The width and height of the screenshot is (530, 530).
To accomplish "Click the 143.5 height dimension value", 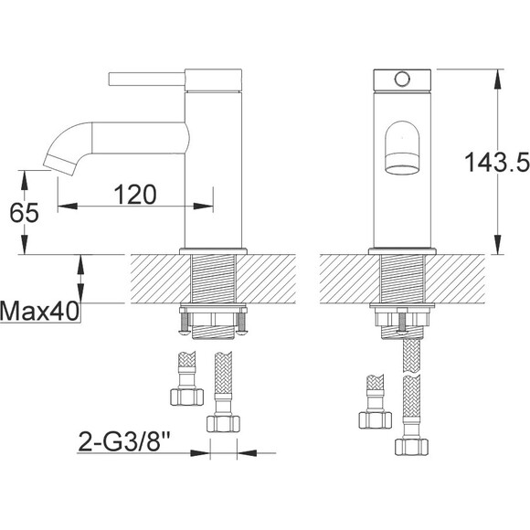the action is point(497,162).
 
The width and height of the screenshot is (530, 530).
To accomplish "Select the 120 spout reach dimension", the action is point(135,195).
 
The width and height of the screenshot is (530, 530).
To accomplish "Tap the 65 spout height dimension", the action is point(24,213).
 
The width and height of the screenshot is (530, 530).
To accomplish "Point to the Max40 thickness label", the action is point(39,311).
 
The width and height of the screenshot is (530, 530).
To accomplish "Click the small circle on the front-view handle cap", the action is point(402,79).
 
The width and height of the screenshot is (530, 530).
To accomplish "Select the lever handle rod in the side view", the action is point(147,79).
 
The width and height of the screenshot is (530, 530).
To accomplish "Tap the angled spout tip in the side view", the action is point(60,165).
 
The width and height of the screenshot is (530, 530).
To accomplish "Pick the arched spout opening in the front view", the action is point(402,148).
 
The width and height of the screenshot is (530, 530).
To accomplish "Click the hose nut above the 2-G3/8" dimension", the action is point(223,424).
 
